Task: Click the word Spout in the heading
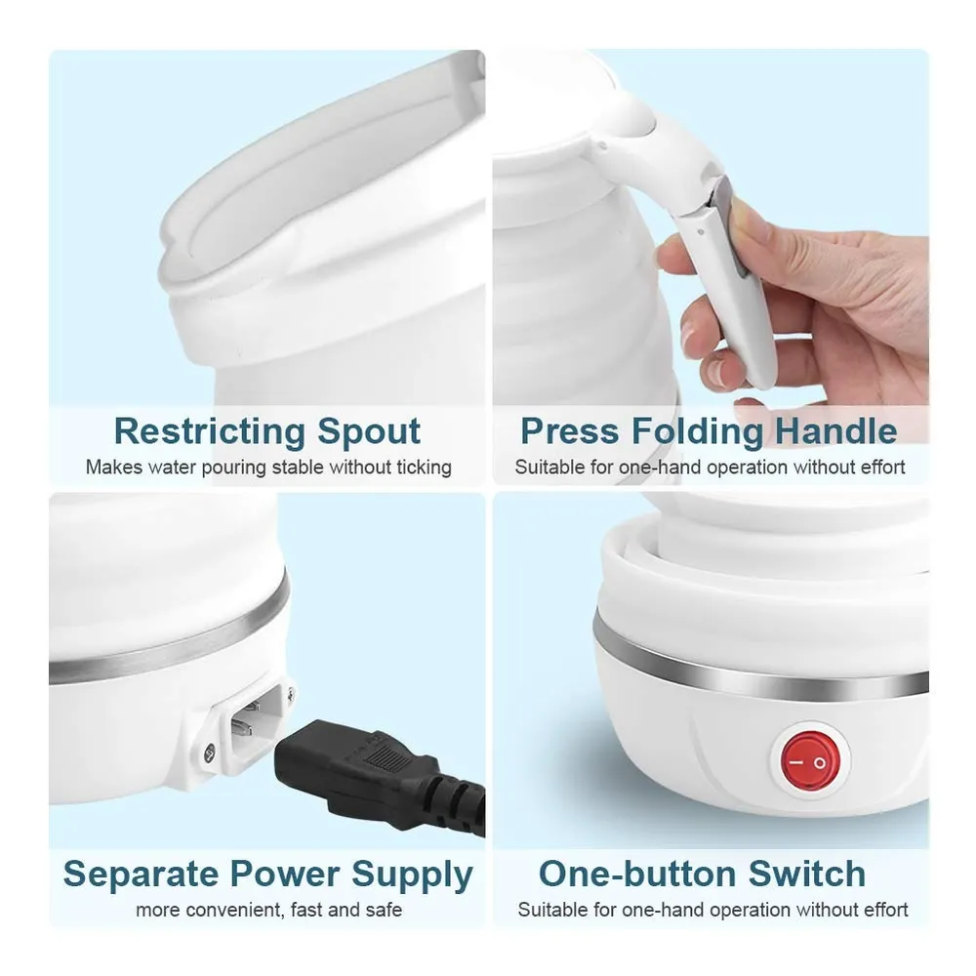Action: [x=369, y=430]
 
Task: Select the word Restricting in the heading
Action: [x=210, y=430]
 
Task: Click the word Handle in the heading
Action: [x=836, y=430]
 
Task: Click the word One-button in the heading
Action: [x=637, y=874]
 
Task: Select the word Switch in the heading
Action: [x=807, y=874]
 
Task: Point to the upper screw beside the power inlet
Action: [x=291, y=692]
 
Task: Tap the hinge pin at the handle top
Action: [x=601, y=147]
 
